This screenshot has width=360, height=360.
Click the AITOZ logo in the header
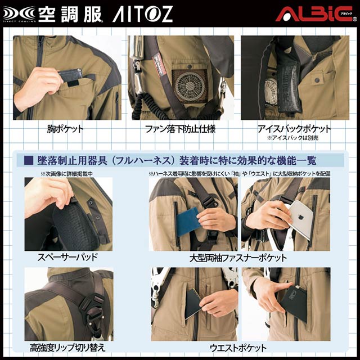(x=142, y=14)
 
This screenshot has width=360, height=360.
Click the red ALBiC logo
(x=314, y=13)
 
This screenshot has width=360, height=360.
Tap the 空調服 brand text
(x=70, y=14)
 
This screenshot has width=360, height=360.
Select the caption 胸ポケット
(x=65, y=129)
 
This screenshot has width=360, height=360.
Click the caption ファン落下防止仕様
(x=181, y=129)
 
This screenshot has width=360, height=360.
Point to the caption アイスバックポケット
(x=295, y=129)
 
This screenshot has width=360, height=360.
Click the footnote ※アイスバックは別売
(x=292, y=138)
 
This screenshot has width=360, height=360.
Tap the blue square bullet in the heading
(x=29, y=160)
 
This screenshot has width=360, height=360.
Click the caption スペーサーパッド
(x=67, y=257)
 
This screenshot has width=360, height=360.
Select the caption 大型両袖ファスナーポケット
(x=238, y=258)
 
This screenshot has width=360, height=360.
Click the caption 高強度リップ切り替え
(x=67, y=348)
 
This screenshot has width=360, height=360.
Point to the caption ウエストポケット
(x=238, y=348)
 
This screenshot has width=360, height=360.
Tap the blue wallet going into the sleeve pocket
(x=188, y=221)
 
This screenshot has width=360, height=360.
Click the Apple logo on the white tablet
(x=300, y=217)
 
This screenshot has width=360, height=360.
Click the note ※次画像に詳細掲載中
(x=66, y=174)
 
